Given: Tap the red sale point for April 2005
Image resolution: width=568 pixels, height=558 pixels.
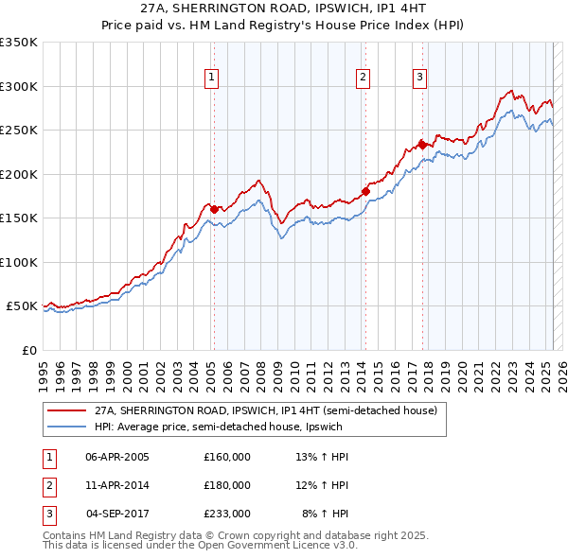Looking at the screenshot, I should click(x=214, y=209).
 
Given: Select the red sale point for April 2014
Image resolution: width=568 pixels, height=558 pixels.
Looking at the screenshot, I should click(x=365, y=192).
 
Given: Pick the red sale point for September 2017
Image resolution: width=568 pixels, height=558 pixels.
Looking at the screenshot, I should click(x=422, y=145).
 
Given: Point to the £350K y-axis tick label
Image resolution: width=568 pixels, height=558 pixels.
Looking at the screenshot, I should click(x=18, y=43).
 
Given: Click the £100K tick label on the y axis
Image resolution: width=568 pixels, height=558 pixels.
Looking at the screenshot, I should click(x=18, y=262).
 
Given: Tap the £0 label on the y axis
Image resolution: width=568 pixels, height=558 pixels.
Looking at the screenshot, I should click(x=27, y=350).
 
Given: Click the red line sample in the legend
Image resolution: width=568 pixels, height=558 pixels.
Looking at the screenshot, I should click(x=66, y=411).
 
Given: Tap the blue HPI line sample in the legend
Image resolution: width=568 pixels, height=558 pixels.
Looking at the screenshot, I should click(x=66, y=427).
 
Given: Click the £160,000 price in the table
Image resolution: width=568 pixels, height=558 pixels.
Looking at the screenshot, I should click(x=226, y=457).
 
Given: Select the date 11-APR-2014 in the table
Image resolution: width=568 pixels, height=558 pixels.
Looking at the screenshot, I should click(x=117, y=485).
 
